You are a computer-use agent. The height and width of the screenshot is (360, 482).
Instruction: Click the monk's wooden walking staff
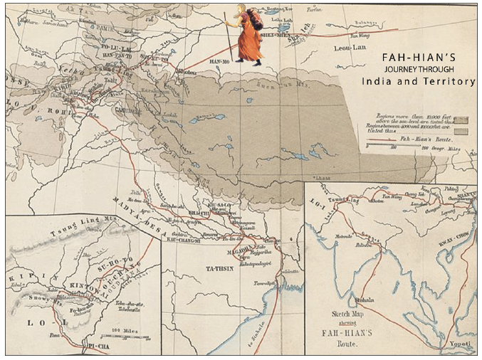pos(230,36)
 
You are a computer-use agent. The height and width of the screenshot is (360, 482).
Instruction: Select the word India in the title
pos(377,82)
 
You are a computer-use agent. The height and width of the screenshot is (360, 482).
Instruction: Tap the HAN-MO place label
pos(216,61)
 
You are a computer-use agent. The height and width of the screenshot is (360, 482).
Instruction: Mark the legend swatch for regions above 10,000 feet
pos(459,120)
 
